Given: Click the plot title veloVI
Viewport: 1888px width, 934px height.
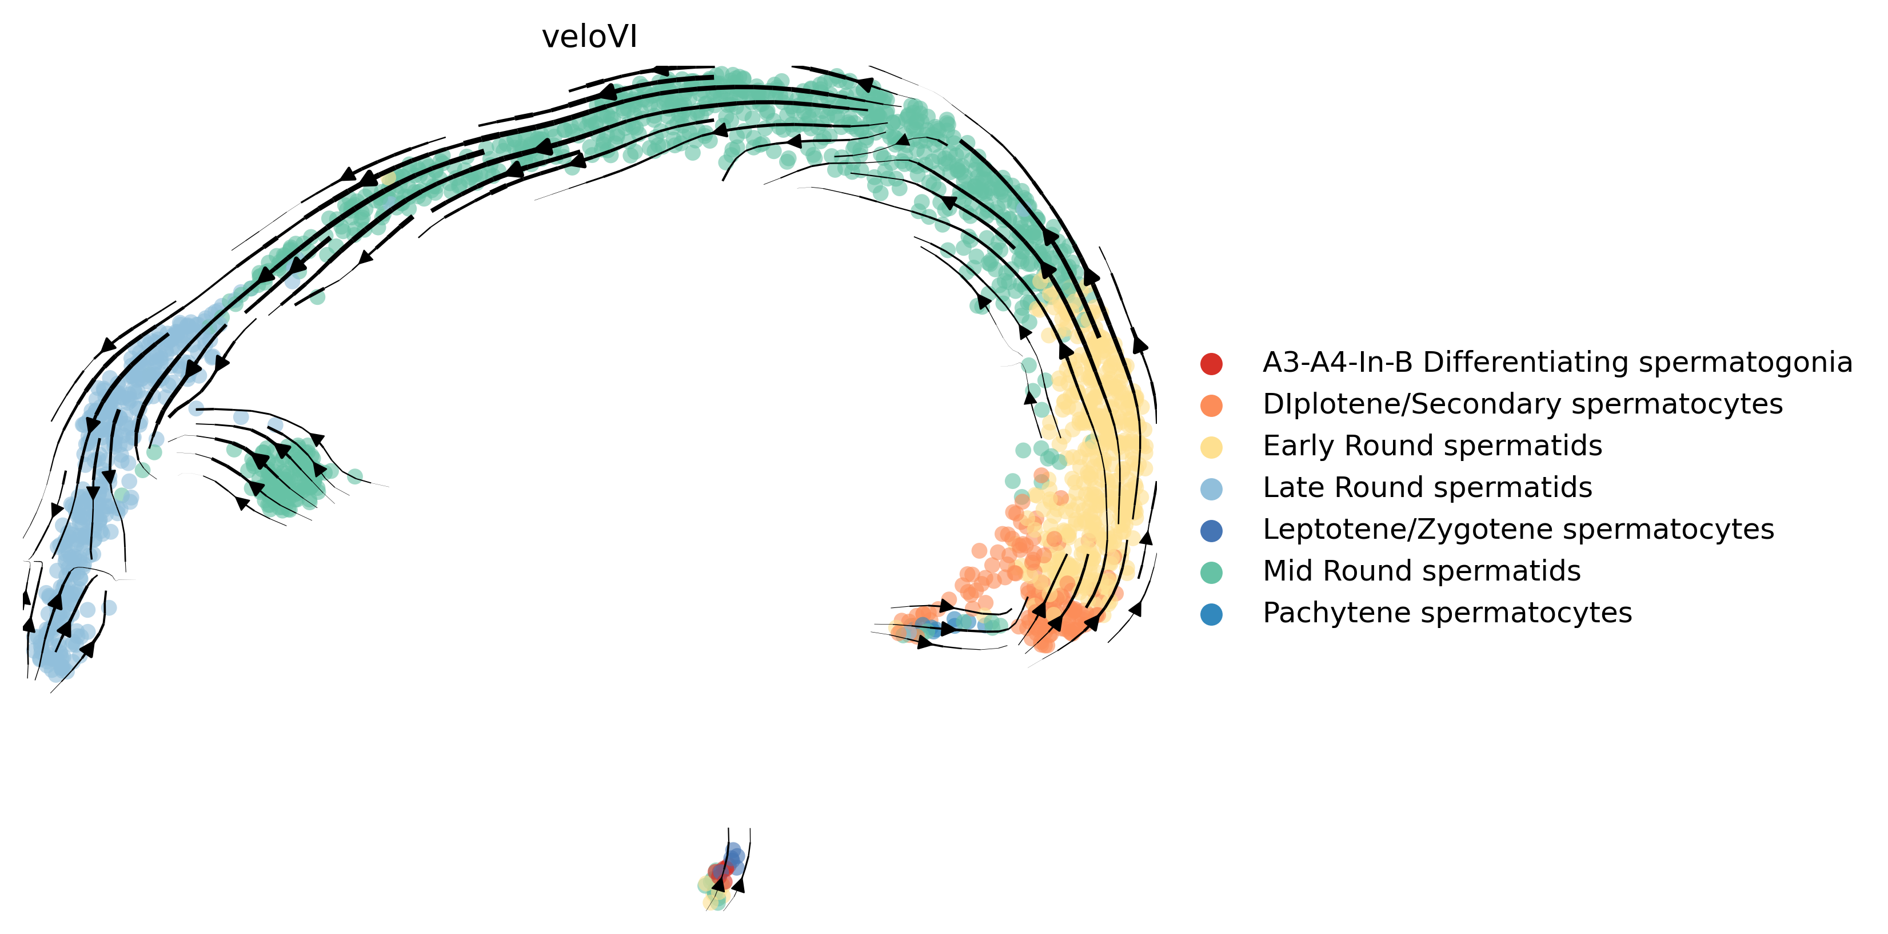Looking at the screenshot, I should click(589, 37).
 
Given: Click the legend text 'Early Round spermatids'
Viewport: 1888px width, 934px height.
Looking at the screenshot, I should click(1432, 446).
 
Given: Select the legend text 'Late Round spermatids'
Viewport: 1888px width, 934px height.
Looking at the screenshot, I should click(1427, 487).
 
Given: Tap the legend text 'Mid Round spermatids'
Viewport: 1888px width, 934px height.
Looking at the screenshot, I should click(1421, 571).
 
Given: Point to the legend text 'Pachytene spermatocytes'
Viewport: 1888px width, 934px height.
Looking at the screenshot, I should click(1447, 613).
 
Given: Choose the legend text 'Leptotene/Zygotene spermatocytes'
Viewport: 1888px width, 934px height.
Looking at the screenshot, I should click(1518, 529).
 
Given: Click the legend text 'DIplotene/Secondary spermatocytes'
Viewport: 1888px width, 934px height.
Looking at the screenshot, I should click(1522, 404).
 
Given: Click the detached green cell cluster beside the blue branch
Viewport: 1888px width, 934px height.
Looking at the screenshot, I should click(286, 476).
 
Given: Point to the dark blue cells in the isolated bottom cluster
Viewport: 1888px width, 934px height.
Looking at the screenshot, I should click(734, 854).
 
